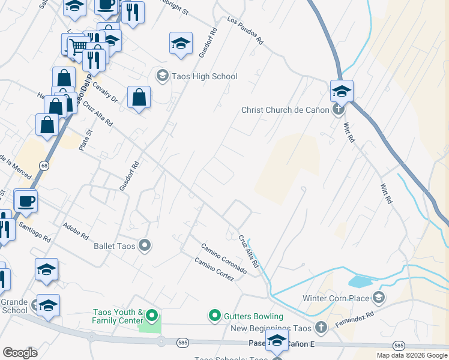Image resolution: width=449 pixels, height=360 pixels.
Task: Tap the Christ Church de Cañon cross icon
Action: pos(339,110)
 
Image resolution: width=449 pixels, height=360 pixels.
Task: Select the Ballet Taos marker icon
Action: pos(144,245)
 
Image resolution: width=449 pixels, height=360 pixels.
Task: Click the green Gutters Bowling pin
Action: pos(214,315)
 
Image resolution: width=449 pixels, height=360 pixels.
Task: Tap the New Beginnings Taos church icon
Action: pos(321,328)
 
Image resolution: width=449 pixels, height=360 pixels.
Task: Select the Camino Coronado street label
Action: pos(223,259)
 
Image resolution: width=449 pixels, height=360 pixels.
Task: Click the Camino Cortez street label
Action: pos(213,269)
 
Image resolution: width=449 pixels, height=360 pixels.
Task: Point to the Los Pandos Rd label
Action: pos(245,31)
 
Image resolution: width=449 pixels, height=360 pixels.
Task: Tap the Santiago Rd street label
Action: pos(34,230)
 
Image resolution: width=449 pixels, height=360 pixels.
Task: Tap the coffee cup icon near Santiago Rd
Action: pos(26,201)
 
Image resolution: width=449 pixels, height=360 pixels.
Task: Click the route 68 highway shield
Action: pos(44,164)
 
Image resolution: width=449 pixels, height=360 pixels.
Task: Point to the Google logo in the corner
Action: pos(20,353)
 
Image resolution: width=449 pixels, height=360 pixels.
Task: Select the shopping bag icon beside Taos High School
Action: pos(139,98)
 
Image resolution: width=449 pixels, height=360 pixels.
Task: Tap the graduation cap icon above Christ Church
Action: pos(341,91)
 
